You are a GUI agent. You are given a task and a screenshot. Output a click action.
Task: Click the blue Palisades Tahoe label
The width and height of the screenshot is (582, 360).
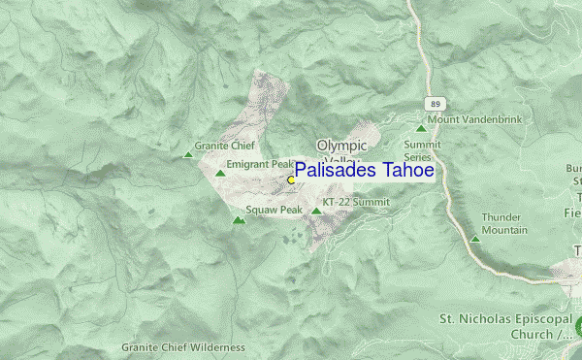(x=364, y=170)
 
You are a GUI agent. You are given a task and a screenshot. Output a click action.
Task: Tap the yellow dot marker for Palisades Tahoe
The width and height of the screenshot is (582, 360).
(x=291, y=180)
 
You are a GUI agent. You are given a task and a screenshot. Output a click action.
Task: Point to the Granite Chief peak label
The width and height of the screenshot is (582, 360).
(x=224, y=146)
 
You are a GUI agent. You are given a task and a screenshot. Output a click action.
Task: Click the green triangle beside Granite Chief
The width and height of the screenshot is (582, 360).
(x=188, y=153)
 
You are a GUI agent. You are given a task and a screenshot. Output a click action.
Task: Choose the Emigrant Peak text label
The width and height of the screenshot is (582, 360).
(x=259, y=164)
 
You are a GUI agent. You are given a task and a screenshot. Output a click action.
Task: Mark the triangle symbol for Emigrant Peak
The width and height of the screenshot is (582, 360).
(x=220, y=174)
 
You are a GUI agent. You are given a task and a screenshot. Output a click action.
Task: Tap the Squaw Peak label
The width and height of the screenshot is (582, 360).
(x=275, y=210)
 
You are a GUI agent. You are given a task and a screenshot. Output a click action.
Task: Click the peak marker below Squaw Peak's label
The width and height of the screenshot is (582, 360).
(x=239, y=220)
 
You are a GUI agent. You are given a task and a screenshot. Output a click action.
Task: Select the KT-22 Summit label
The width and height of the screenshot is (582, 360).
(x=355, y=202)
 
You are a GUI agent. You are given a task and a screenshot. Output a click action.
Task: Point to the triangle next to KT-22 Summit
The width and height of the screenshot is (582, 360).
(x=316, y=210)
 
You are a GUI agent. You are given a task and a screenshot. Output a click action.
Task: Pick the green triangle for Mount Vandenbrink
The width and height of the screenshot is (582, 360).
(x=421, y=127)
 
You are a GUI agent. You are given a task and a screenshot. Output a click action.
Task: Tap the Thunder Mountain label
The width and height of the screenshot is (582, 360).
(x=504, y=223)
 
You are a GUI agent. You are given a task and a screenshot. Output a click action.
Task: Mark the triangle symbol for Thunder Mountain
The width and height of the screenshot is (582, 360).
(x=475, y=239)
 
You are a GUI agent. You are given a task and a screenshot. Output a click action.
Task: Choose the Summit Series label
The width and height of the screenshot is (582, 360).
(x=423, y=149)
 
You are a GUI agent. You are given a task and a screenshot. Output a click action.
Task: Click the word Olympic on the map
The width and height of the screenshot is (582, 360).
(x=341, y=146)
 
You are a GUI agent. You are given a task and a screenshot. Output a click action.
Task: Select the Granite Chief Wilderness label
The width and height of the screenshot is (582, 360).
(x=183, y=346)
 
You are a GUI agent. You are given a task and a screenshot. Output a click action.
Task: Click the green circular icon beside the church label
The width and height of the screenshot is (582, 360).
(x=577, y=326)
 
